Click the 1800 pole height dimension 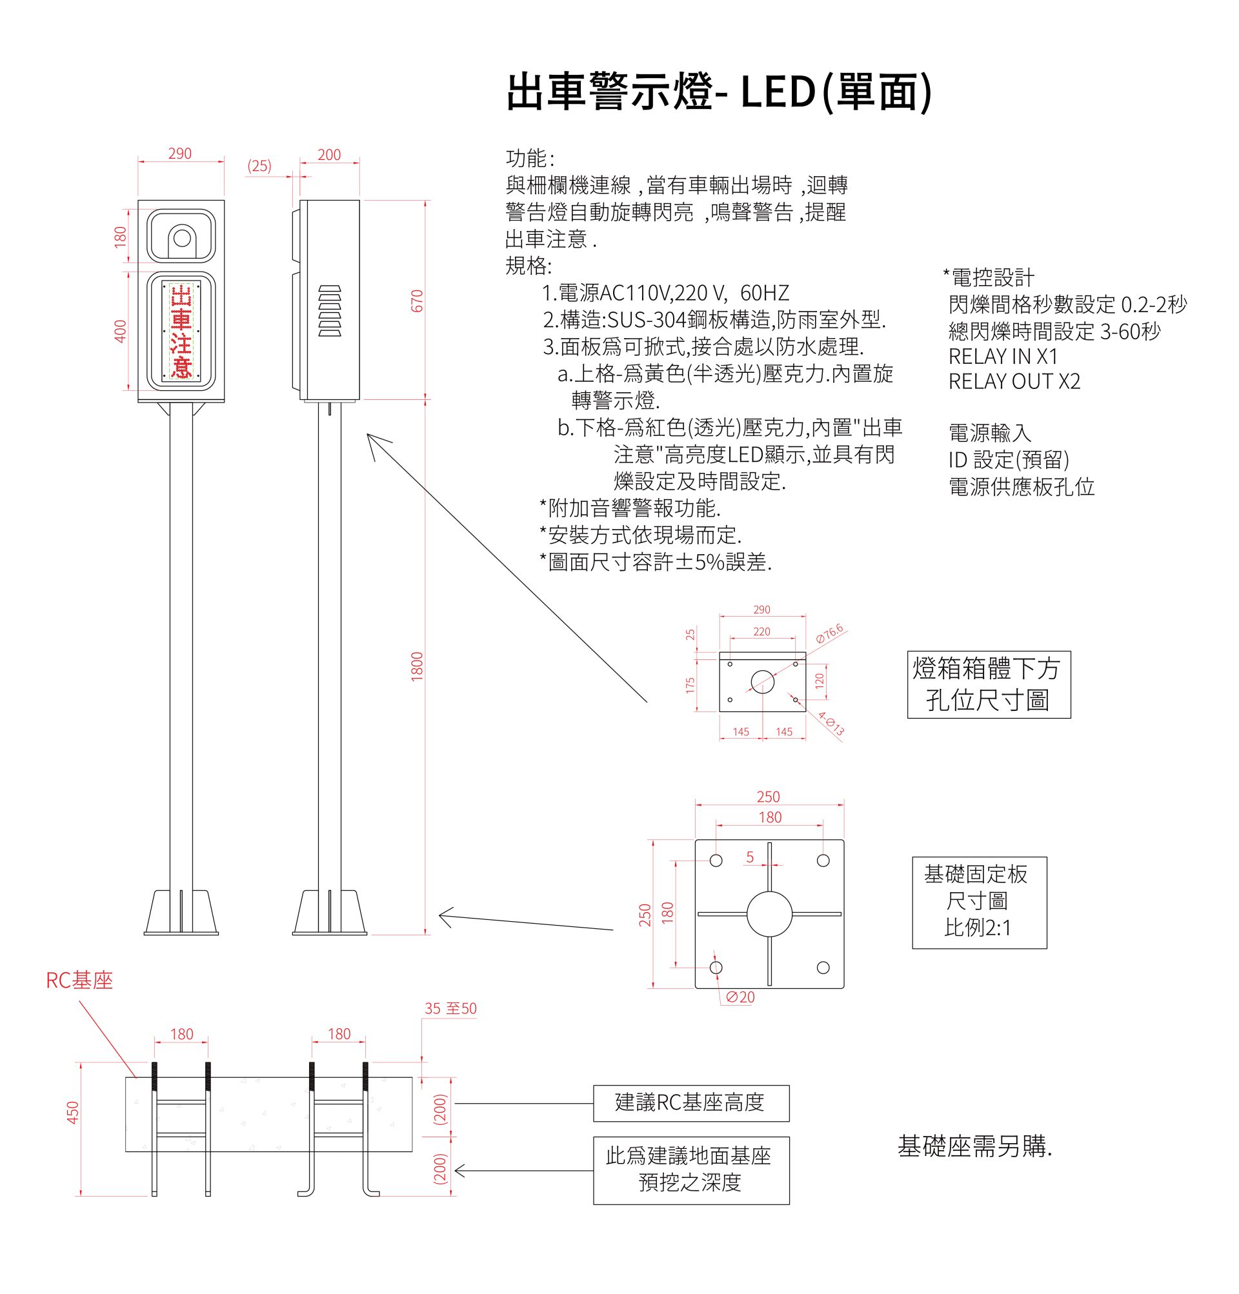417,666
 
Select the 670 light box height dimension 417,301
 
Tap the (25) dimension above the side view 259,166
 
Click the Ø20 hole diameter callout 740,997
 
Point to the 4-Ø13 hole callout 831,724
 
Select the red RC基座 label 79,980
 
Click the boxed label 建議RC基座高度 691,1102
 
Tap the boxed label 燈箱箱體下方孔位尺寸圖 988,684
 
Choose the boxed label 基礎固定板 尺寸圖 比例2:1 979,902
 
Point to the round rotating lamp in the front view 181,238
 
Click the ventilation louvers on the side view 330,310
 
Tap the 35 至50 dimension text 450,1008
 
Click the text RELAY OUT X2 1014,382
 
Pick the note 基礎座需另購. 974,1147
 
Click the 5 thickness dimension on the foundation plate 750,857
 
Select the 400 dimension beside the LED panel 120,331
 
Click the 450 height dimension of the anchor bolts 74,1113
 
